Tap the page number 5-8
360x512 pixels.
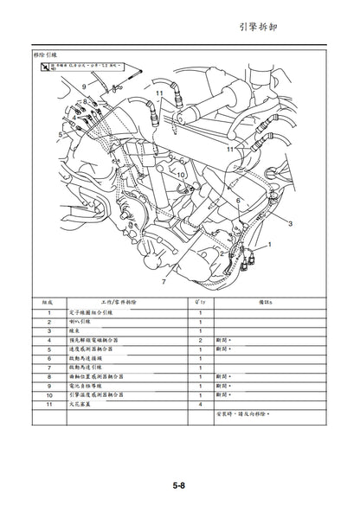tap(180, 487)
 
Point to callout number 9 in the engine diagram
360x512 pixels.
tap(84, 87)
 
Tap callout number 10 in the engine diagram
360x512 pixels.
tap(181, 174)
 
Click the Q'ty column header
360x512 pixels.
tap(201, 302)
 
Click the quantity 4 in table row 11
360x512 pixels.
tap(201, 404)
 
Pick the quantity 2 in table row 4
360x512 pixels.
tap(201, 342)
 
